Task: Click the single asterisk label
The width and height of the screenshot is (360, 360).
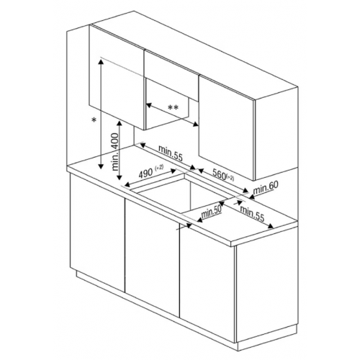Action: pyautogui.click(x=94, y=121)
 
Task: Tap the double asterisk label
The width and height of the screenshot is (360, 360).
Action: pyautogui.click(x=173, y=107)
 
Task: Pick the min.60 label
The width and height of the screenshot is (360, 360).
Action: pyautogui.click(x=265, y=186)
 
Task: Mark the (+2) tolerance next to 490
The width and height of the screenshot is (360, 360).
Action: pyautogui.click(x=160, y=168)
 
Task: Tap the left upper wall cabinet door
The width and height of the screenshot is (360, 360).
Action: pyautogui.click(x=115, y=72)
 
